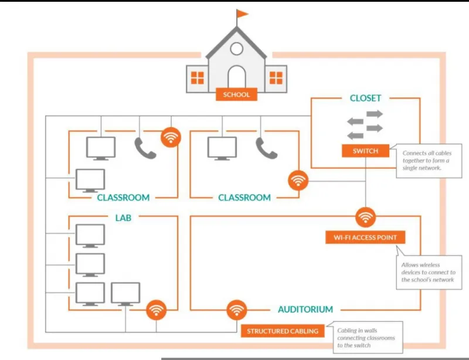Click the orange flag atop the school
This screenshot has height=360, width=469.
242,13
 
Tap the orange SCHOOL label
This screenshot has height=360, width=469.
236,94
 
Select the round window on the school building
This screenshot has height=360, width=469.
237,49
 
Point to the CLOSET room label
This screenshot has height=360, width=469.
365,98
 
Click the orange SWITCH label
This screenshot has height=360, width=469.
365,151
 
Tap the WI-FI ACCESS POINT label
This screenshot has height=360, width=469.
365,237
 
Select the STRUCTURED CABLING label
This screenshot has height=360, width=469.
283,331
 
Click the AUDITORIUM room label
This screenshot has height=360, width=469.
305,309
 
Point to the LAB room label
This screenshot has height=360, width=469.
123,218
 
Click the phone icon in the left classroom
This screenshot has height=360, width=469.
145,148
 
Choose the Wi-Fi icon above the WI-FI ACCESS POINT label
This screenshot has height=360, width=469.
365,217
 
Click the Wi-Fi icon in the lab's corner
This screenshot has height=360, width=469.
156,310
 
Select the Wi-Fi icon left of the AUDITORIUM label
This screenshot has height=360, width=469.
237,310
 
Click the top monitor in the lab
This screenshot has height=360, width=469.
90,236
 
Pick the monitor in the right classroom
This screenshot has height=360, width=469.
222,148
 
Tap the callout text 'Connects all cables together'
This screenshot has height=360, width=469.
427,157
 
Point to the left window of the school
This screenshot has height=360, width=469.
198,78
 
